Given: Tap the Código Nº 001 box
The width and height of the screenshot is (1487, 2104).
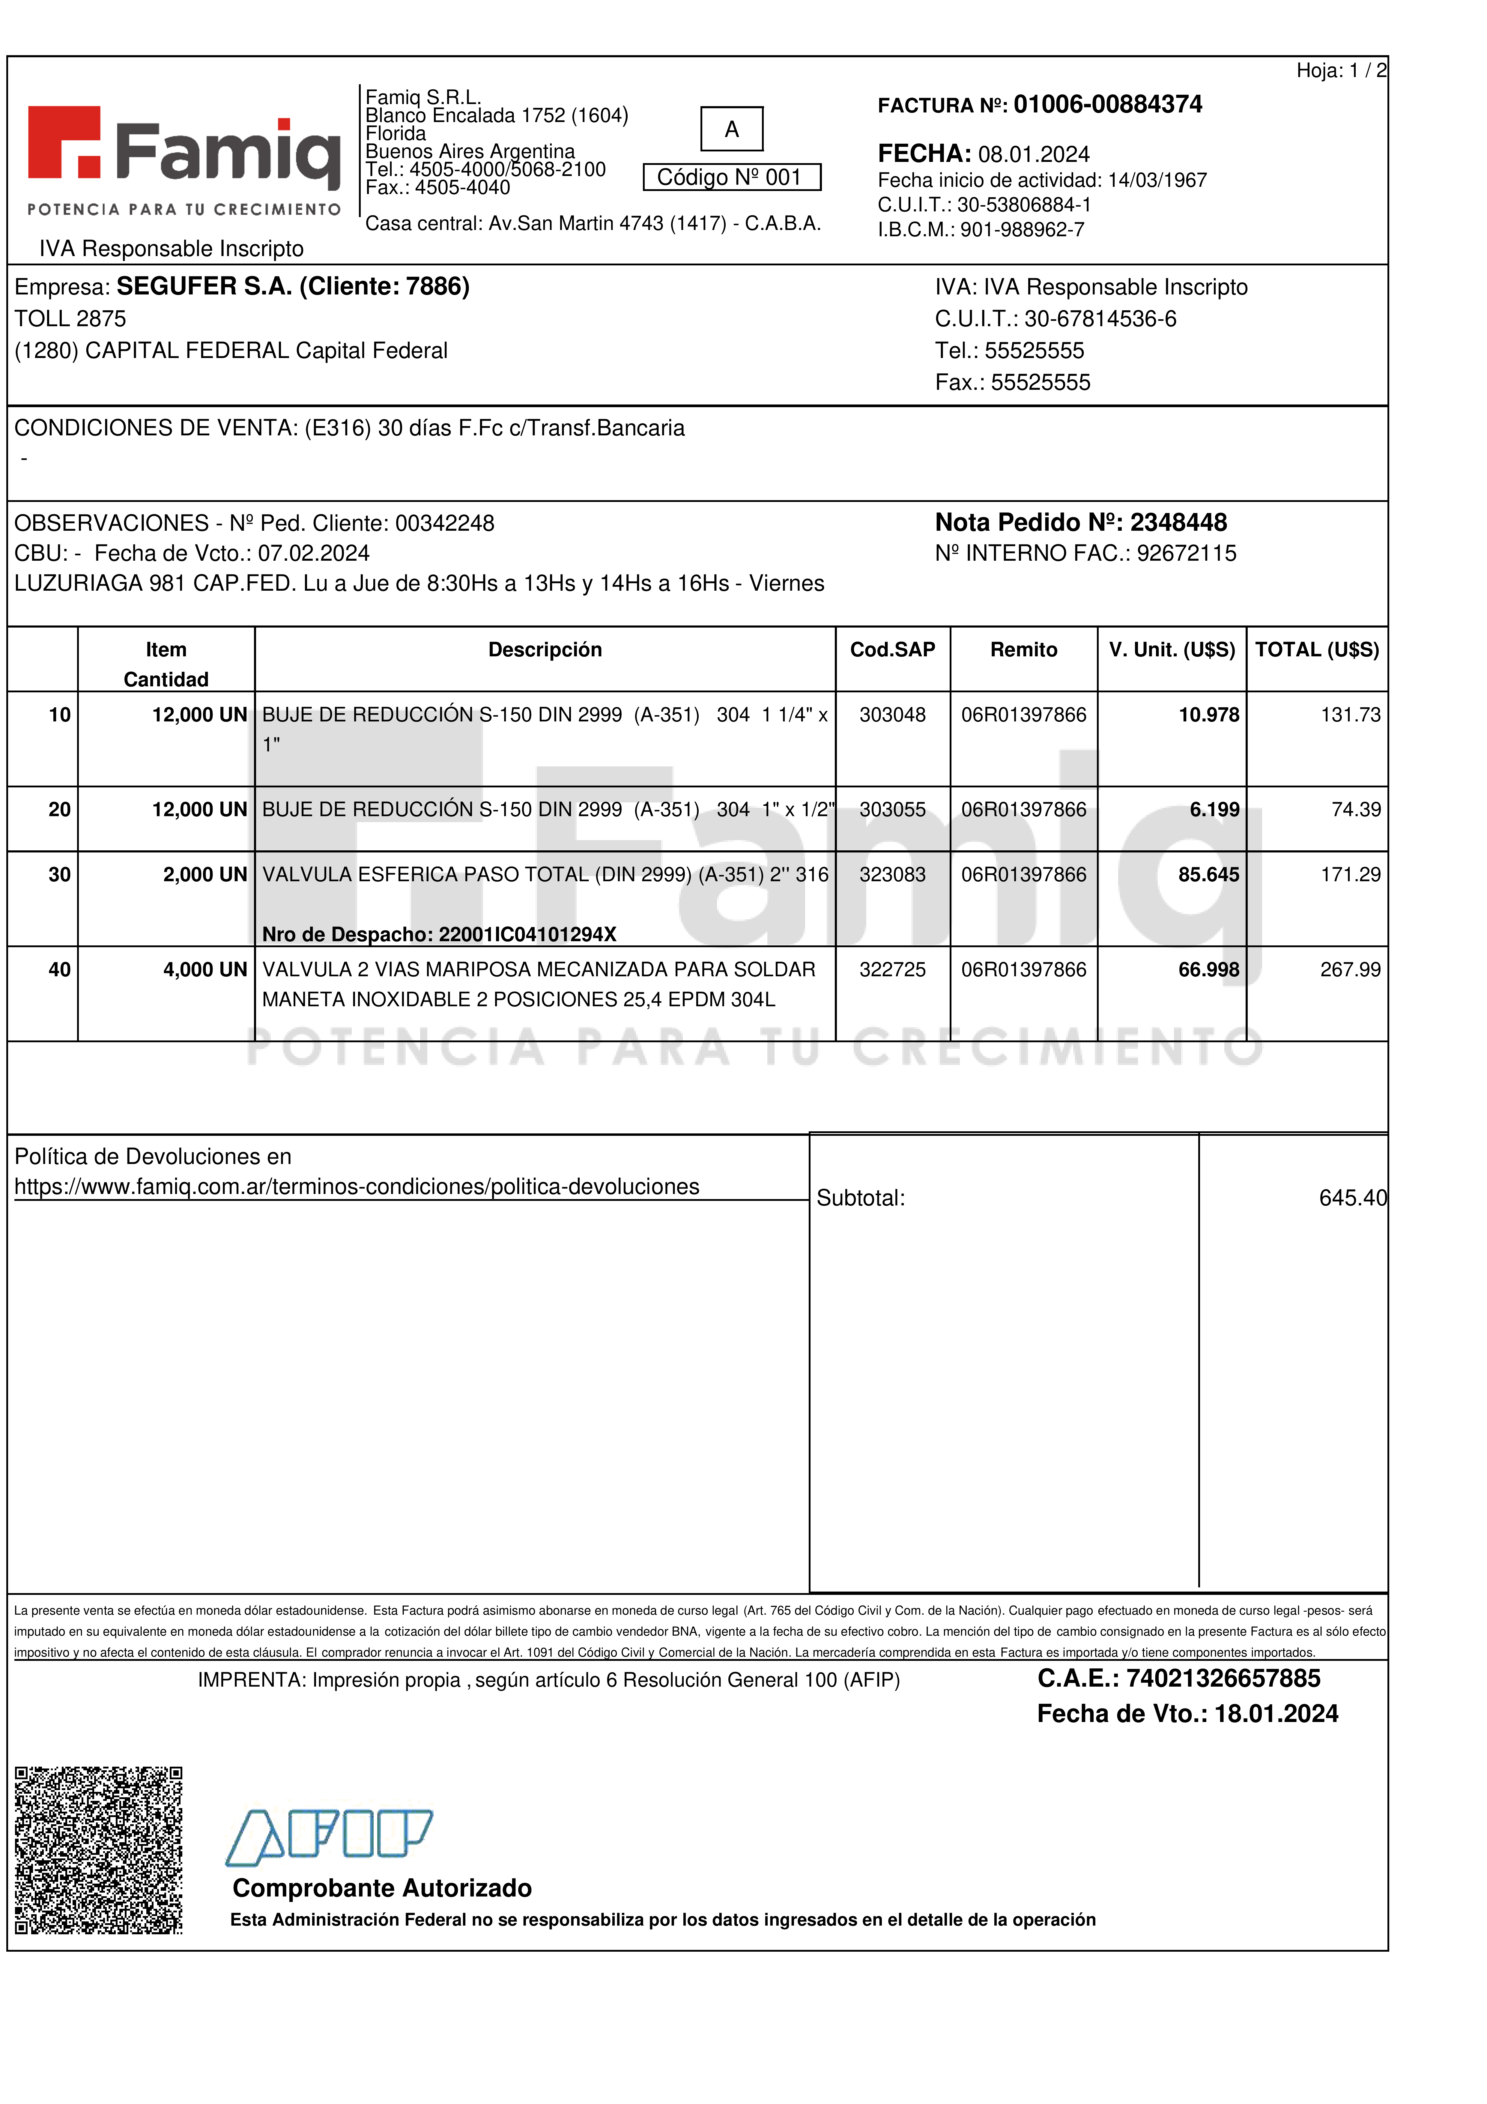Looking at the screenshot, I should pos(731,177).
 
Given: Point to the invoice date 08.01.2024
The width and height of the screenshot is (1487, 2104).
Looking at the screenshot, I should pos(1034,154).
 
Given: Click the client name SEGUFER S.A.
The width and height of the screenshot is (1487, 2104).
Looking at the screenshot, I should pos(203,287).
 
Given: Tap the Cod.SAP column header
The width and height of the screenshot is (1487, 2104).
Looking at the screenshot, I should pos(892,650).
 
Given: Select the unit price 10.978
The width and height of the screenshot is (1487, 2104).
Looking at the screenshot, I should pos(1208,715).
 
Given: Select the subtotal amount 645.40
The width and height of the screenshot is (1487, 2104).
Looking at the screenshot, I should pos(1352,1198).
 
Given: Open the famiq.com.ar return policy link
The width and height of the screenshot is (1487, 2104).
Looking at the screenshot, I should pos(357,1187).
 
